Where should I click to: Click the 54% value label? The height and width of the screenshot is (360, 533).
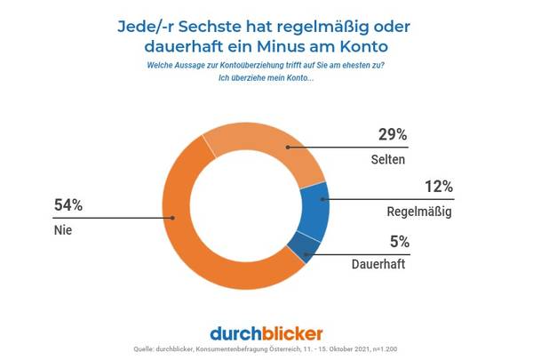click(68, 205)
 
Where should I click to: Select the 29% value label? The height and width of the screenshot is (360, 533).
click(392, 135)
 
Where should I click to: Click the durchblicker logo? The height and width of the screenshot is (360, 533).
click(266, 333)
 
